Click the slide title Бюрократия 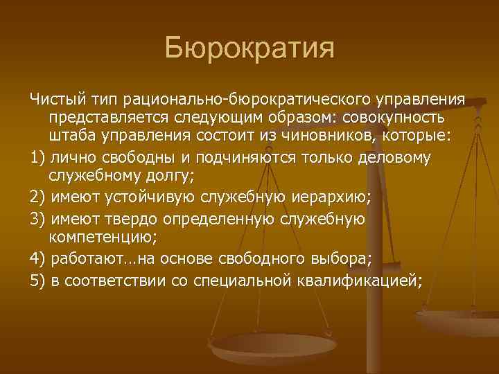(x=249, y=49)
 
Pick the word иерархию (x=330, y=198)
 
